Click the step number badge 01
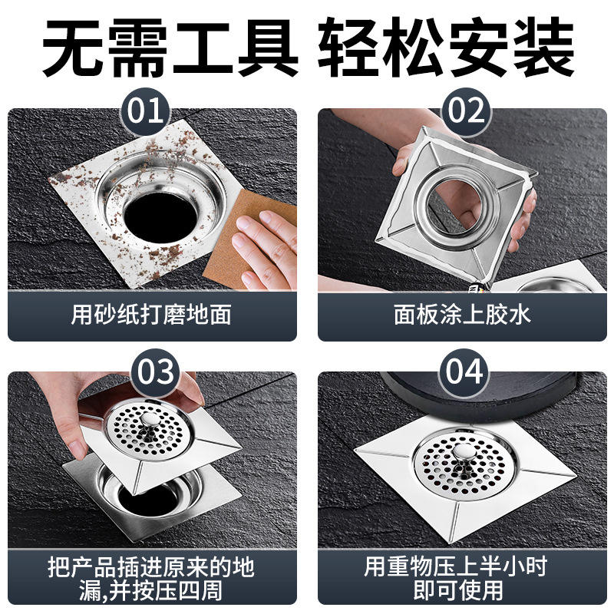145,111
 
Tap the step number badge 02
466,111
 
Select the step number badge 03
155,372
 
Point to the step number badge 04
464,372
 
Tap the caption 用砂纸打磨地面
151,315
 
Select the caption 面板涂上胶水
462,315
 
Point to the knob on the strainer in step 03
150,421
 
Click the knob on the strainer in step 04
463,453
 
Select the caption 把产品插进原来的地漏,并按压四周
151,579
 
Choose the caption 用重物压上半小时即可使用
456,579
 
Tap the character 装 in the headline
543,47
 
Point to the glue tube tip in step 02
474,289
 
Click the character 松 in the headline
412,47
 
